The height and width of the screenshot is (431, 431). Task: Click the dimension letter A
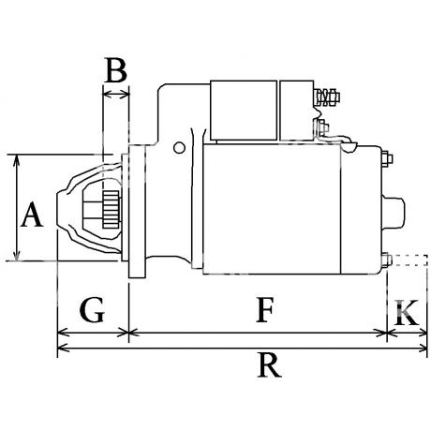click(32, 215)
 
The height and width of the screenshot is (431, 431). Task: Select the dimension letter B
click(116, 70)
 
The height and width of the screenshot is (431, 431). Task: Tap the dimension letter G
click(92, 310)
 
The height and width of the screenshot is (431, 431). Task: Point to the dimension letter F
click(265, 310)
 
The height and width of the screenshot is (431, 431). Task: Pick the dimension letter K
click(407, 312)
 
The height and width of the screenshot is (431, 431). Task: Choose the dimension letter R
click(269, 365)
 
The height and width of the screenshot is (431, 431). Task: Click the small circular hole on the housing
click(179, 148)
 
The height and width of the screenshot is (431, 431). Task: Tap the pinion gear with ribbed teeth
click(111, 209)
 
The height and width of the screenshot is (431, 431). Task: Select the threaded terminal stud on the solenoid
click(326, 97)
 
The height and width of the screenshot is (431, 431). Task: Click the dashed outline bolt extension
click(409, 260)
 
